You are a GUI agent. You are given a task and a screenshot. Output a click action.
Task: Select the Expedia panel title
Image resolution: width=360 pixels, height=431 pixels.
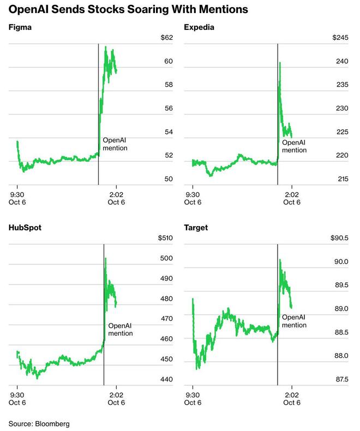pos(198,27)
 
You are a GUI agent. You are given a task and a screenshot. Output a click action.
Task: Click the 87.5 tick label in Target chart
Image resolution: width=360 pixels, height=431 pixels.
pos(341,379)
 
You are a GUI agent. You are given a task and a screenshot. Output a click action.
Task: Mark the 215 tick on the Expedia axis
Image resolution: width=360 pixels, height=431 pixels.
pos(341,179)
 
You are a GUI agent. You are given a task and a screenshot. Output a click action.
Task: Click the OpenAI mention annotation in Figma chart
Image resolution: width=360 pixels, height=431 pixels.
pos(115,144)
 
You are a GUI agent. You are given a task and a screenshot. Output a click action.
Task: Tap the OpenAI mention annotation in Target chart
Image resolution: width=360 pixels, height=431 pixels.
pos(294,321)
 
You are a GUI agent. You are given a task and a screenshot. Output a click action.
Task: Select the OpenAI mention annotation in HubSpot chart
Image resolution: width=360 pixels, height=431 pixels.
pos(120,330)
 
